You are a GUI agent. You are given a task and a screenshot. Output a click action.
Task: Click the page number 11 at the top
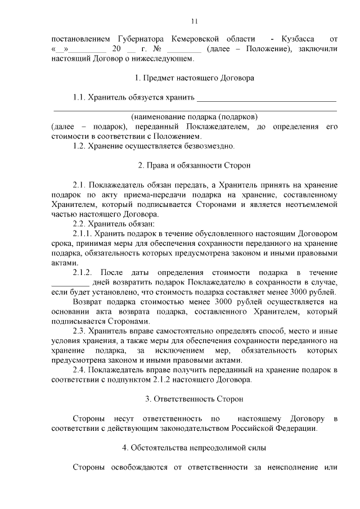click(194, 21)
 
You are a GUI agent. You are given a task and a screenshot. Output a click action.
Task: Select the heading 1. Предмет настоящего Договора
click(194, 78)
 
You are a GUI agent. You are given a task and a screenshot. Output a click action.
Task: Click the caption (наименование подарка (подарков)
click(194, 117)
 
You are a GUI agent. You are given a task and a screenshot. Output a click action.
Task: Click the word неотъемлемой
click(310, 204)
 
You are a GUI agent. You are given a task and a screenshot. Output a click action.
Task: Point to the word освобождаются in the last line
click(142, 467)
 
